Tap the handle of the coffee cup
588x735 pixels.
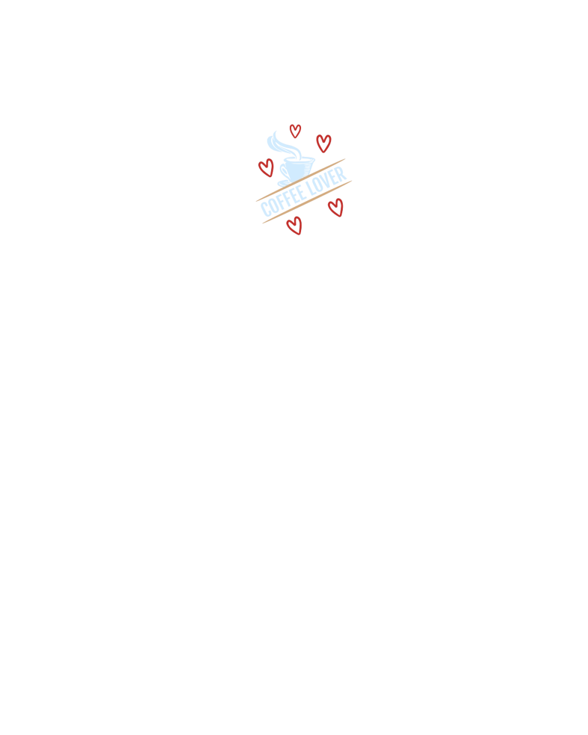(283, 173)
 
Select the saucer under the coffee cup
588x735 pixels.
(284, 183)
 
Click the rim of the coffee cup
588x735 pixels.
(299, 159)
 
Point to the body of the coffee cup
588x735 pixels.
(298, 171)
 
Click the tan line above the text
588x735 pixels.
(300, 180)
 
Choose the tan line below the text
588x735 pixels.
(307, 202)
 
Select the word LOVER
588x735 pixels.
(326, 181)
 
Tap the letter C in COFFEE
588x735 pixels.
(265, 209)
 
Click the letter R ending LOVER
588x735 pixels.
(342, 174)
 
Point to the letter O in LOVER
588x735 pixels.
(318, 185)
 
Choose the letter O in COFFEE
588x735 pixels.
(273, 206)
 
